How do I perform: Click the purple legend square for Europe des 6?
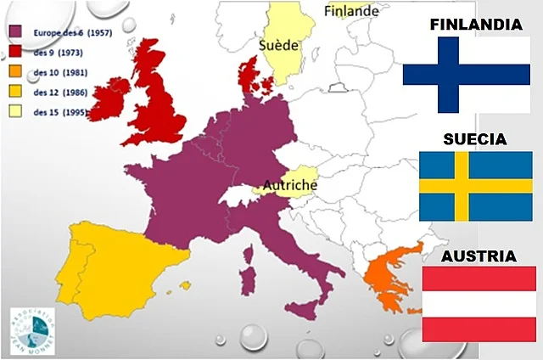pos(14,33)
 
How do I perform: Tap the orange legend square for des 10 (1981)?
pos(14,72)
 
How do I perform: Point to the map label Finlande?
pos(351,11)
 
